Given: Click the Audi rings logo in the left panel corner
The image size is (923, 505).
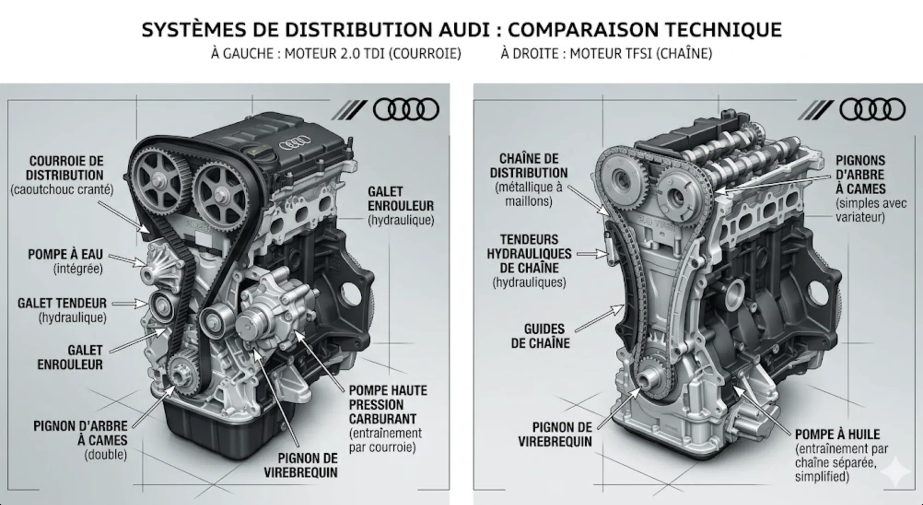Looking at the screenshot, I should click(x=405, y=110).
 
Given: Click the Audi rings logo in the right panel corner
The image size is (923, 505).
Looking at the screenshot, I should click(x=872, y=110).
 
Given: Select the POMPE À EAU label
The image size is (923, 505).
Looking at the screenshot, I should click(x=65, y=254).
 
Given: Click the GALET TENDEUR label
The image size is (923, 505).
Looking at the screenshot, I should click(x=62, y=303).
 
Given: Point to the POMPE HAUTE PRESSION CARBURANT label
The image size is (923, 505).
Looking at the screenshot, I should click(x=388, y=405).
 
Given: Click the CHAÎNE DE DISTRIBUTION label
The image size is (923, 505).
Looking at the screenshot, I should click(x=528, y=166).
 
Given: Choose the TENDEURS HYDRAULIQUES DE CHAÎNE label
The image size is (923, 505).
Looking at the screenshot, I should click(x=529, y=254).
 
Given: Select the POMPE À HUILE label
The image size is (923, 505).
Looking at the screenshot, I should click(x=837, y=434).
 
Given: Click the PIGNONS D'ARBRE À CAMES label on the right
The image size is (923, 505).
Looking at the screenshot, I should click(x=860, y=175).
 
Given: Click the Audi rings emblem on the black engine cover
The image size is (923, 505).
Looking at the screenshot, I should click(x=295, y=143).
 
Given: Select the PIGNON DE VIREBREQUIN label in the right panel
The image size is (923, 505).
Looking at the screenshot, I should click(x=555, y=435).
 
